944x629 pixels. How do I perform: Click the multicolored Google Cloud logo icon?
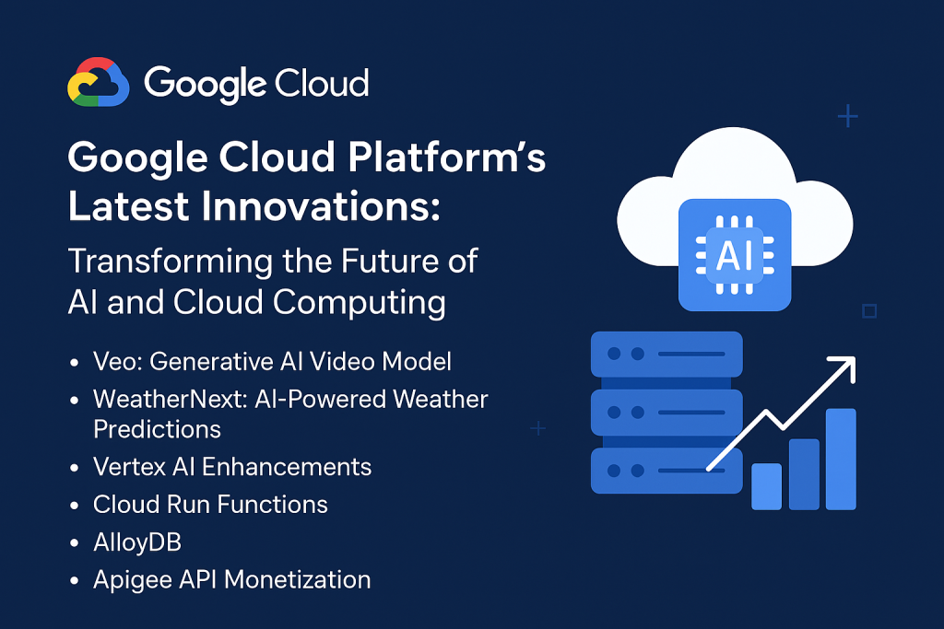(98, 82)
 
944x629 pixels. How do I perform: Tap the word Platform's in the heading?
(447, 157)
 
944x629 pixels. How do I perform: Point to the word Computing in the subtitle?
(360, 302)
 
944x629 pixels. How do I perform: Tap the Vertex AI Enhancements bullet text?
(232, 467)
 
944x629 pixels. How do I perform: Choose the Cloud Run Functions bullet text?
(210, 505)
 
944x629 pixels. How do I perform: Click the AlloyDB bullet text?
(137, 542)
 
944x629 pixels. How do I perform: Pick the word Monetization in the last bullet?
(298, 579)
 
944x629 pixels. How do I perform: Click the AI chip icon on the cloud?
(735, 255)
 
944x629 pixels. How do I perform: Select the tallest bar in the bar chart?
(841, 459)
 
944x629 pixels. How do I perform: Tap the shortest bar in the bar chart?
(766, 486)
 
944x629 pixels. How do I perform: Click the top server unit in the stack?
(667, 355)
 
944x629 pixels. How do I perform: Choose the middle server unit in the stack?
(667, 413)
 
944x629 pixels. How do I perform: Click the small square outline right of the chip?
(869, 311)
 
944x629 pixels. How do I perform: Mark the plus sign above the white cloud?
(848, 116)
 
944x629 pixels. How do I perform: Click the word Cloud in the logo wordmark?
(322, 83)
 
